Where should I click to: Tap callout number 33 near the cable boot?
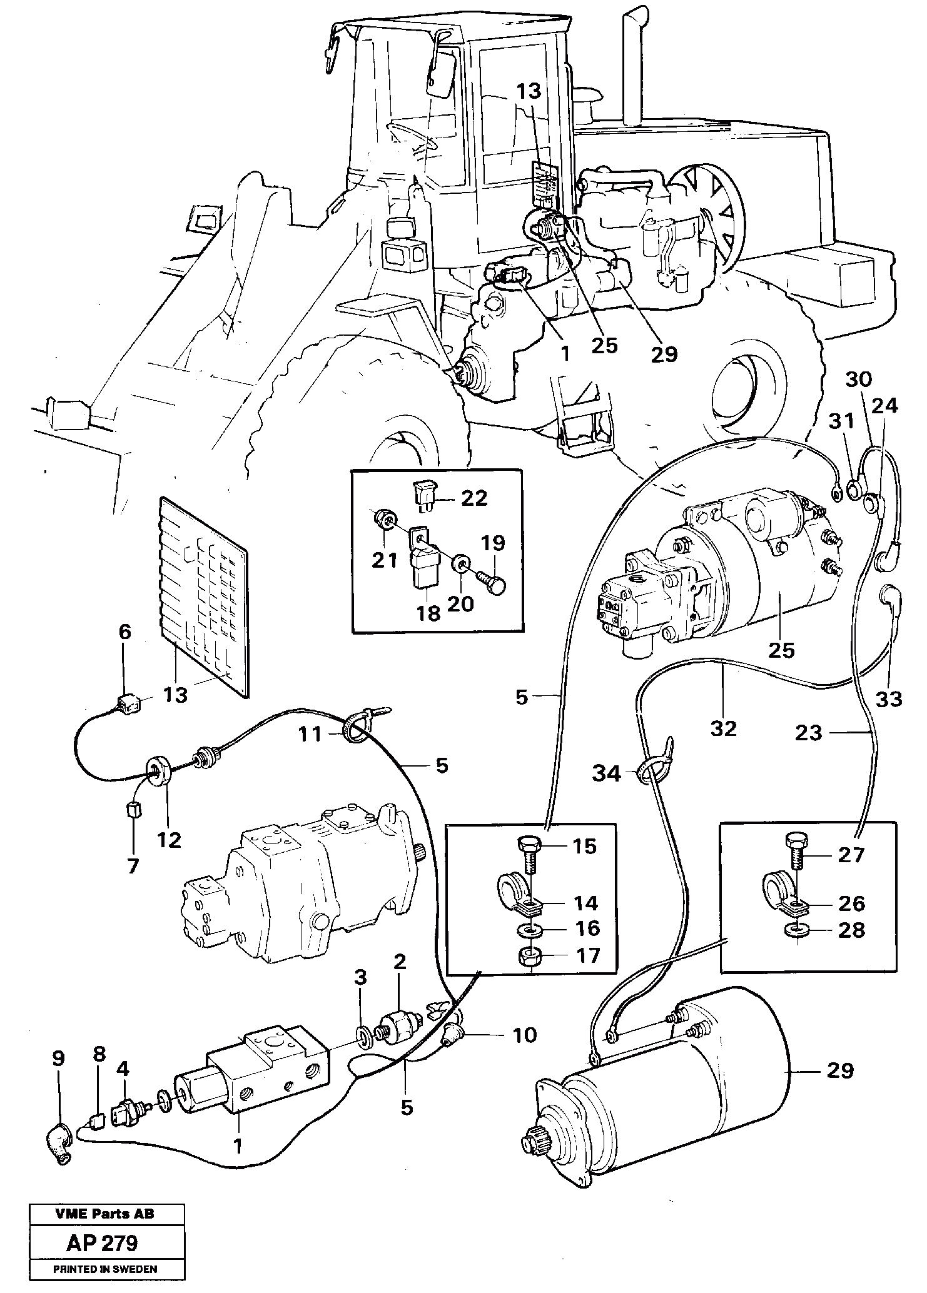pyautogui.click(x=889, y=698)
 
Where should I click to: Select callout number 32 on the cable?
pyautogui.click(x=724, y=728)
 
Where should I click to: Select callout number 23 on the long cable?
pyautogui.click(x=808, y=733)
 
